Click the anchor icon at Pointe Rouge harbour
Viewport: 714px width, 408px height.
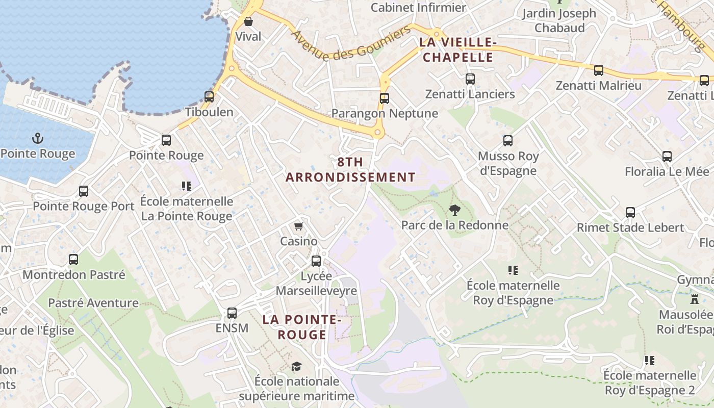point(37,138)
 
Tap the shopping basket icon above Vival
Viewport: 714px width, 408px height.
point(248,21)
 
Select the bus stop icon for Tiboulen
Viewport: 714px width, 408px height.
point(209,96)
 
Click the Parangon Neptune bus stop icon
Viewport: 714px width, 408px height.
point(385,98)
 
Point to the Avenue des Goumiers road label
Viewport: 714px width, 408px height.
point(351,44)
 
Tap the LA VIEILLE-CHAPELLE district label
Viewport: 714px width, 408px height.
point(457,49)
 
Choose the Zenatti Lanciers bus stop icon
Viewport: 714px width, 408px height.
point(470,79)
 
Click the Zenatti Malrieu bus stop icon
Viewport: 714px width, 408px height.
point(599,70)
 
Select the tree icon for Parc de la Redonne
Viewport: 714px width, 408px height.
point(454,210)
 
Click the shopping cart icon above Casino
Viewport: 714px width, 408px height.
point(299,226)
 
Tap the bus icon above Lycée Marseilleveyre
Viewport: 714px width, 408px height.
point(316,261)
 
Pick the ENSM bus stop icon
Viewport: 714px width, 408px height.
point(232,313)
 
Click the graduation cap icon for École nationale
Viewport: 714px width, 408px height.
point(296,366)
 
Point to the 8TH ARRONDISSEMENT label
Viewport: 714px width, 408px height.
point(350,169)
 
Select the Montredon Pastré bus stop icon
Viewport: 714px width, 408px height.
point(73,260)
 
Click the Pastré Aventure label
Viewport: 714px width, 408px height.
point(93,303)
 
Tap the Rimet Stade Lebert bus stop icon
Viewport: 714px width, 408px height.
point(630,213)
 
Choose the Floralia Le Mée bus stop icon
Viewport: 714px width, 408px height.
point(667,157)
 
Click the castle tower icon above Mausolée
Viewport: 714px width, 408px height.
point(694,299)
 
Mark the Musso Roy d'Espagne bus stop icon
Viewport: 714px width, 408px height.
point(508,141)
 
